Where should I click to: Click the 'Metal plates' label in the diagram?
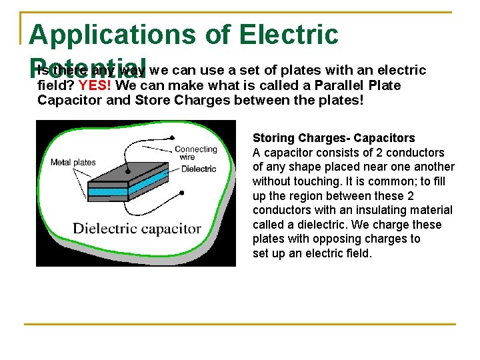coord(73,162)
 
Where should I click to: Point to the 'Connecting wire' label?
coord(195,153)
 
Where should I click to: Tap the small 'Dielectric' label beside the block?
coord(199,169)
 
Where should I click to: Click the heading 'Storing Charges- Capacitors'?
coord(333,138)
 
